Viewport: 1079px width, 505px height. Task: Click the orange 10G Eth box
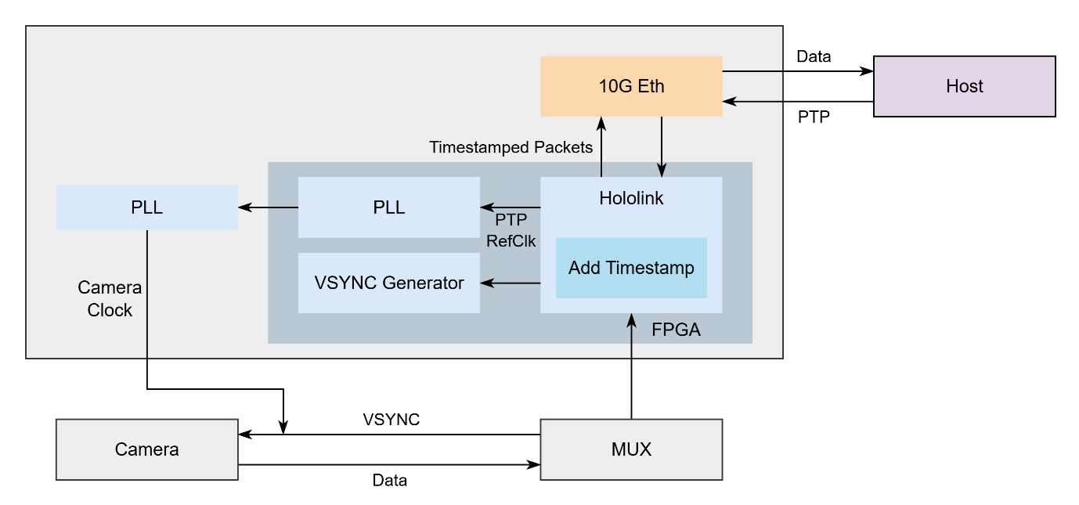(631, 86)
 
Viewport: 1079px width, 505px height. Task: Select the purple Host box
(964, 86)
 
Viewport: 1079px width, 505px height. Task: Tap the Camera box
(146, 449)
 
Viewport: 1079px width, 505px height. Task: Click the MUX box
(631, 449)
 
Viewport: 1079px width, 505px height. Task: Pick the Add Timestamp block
(631, 269)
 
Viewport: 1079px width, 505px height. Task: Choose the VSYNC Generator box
(388, 283)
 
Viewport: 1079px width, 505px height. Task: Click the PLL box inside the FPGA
(388, 207)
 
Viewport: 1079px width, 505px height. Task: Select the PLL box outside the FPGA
(146, 207)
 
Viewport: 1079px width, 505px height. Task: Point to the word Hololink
(631, 199)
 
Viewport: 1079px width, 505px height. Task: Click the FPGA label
(676, 330)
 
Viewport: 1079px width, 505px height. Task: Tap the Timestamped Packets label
(511, 147)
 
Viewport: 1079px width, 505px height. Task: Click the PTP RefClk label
(511, 230)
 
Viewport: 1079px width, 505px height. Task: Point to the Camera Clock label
(110, 299)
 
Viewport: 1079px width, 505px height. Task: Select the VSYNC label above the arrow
(391, 420)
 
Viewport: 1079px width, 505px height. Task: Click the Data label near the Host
(814, 56)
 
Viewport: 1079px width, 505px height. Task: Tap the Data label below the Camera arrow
(389, 481)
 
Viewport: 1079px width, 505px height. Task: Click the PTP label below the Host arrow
(814, 117)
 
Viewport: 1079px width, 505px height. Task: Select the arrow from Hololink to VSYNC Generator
(511, 283)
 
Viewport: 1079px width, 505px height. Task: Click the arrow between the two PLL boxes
(268, 207)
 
